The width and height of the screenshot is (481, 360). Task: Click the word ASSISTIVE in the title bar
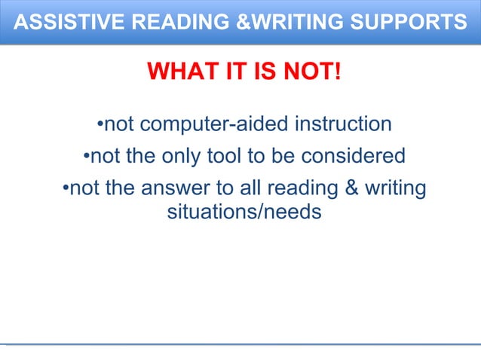click(63, 23)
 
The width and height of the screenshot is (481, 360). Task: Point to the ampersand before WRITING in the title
click(243, 23)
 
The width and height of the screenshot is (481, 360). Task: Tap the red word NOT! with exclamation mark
click(305, 72)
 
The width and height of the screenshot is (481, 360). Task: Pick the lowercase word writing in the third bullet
click(397, 188)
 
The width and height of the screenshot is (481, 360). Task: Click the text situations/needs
click(244, 212)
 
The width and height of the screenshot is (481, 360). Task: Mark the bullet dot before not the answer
click(66, 188)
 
